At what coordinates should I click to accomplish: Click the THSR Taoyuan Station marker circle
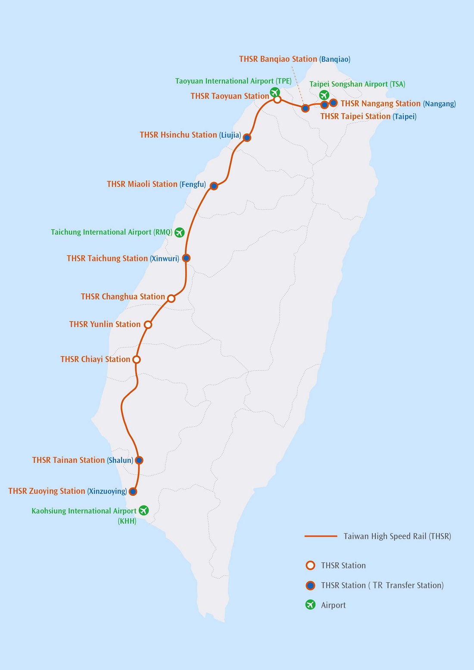point(278,99)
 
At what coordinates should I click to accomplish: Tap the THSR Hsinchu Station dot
point(247,138)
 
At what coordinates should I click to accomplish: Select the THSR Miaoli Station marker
point(214,186)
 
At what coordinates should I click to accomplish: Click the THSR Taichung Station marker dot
point(186,258)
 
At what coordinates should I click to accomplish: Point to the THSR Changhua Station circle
point(171,298)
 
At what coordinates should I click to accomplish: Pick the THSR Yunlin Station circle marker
point(148,325)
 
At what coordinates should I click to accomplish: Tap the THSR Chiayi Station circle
point(137,360)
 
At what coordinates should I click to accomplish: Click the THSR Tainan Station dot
point(139,460)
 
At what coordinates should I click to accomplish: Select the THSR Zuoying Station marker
point(133,491)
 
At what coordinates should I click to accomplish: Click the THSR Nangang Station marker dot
point(334,103)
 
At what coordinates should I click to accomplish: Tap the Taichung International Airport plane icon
point(180,232)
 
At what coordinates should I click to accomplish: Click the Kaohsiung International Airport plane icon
point(143,510)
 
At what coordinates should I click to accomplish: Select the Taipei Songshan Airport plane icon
point(324,95)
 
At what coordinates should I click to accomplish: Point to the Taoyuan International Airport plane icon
point(275,92)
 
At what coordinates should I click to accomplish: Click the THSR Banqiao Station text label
point(278,59)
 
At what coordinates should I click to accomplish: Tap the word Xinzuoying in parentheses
point(107,491)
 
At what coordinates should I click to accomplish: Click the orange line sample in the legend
point(321,536)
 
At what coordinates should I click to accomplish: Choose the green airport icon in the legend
point(310,605)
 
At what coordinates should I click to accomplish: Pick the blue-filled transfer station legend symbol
point(310,585)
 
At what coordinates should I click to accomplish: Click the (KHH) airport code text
point(127,521)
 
